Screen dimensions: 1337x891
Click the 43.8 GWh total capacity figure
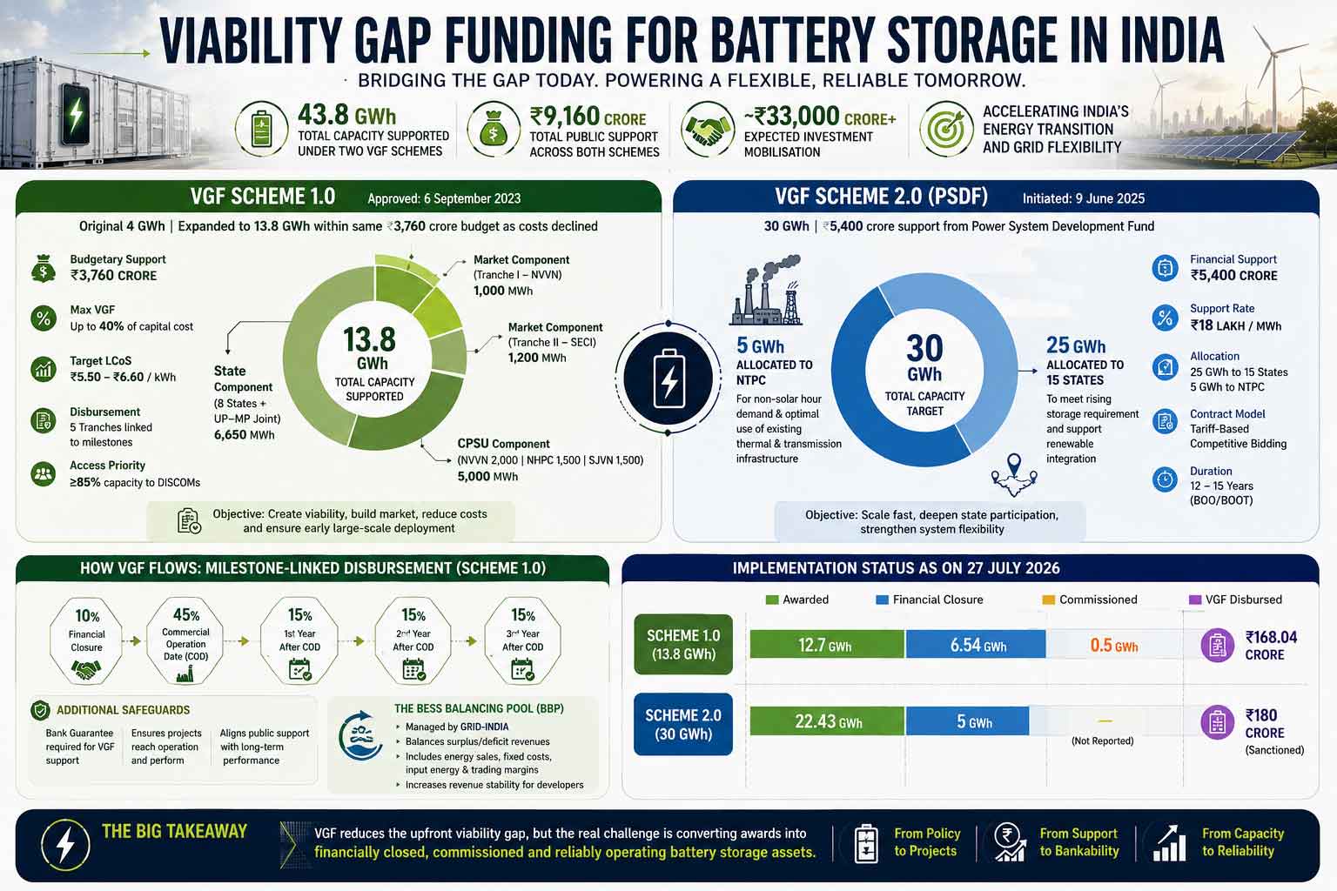[346, 114]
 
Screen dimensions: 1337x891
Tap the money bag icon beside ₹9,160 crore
[493, 129]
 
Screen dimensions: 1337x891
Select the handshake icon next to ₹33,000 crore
[708, 129]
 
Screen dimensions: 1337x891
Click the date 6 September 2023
[472, 198]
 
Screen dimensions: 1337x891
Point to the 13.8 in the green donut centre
[369, 339]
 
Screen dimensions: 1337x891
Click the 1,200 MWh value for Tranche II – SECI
[537, 358]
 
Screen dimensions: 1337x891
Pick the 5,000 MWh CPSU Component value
[487, 476]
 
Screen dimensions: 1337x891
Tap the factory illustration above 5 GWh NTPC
[766, 291]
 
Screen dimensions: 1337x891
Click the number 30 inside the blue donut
[924, 348]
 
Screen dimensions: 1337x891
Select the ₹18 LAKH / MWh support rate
[1235, 325]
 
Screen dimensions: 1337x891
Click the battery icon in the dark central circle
[668, 378]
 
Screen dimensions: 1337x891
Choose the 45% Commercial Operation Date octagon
[185, 640]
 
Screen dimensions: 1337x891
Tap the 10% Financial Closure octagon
[86, 640]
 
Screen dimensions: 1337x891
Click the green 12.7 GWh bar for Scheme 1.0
[827, 645]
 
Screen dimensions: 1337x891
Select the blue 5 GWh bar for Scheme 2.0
[968, 721]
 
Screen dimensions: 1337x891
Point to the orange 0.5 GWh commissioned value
[1114, 645]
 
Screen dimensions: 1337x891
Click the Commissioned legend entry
[1090, 600]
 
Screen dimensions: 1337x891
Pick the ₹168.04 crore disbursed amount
[1271, 646]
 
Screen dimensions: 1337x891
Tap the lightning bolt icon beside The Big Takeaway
[65, 845]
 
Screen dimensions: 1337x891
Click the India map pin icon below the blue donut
[1014, 475]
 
